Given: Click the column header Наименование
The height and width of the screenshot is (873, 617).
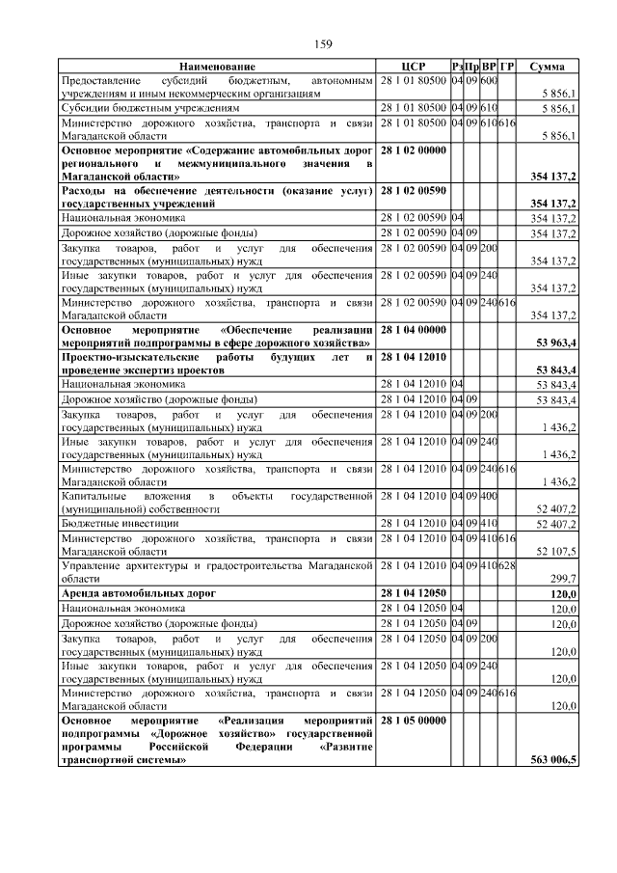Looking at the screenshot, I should click(217, 66).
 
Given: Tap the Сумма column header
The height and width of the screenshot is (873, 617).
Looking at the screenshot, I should click(548, 66).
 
